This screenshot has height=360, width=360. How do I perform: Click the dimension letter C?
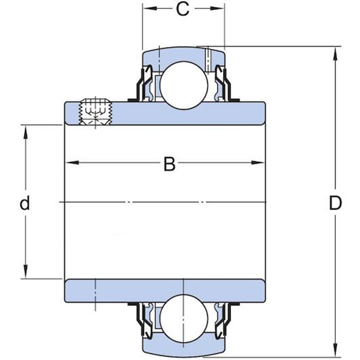tap(182, 10)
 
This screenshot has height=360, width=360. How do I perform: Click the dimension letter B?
tap(169, 164)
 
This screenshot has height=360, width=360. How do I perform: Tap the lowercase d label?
tap(25, 203)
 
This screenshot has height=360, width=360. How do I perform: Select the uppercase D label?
tap(335, 203)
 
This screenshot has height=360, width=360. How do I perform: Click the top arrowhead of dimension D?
tap(335, 52)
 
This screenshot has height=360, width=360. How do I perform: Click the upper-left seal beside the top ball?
tap(144, 83)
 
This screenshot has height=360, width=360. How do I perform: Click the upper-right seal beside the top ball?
tap(223, 83)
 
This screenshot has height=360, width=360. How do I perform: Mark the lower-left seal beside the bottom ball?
tap(144, 316)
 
